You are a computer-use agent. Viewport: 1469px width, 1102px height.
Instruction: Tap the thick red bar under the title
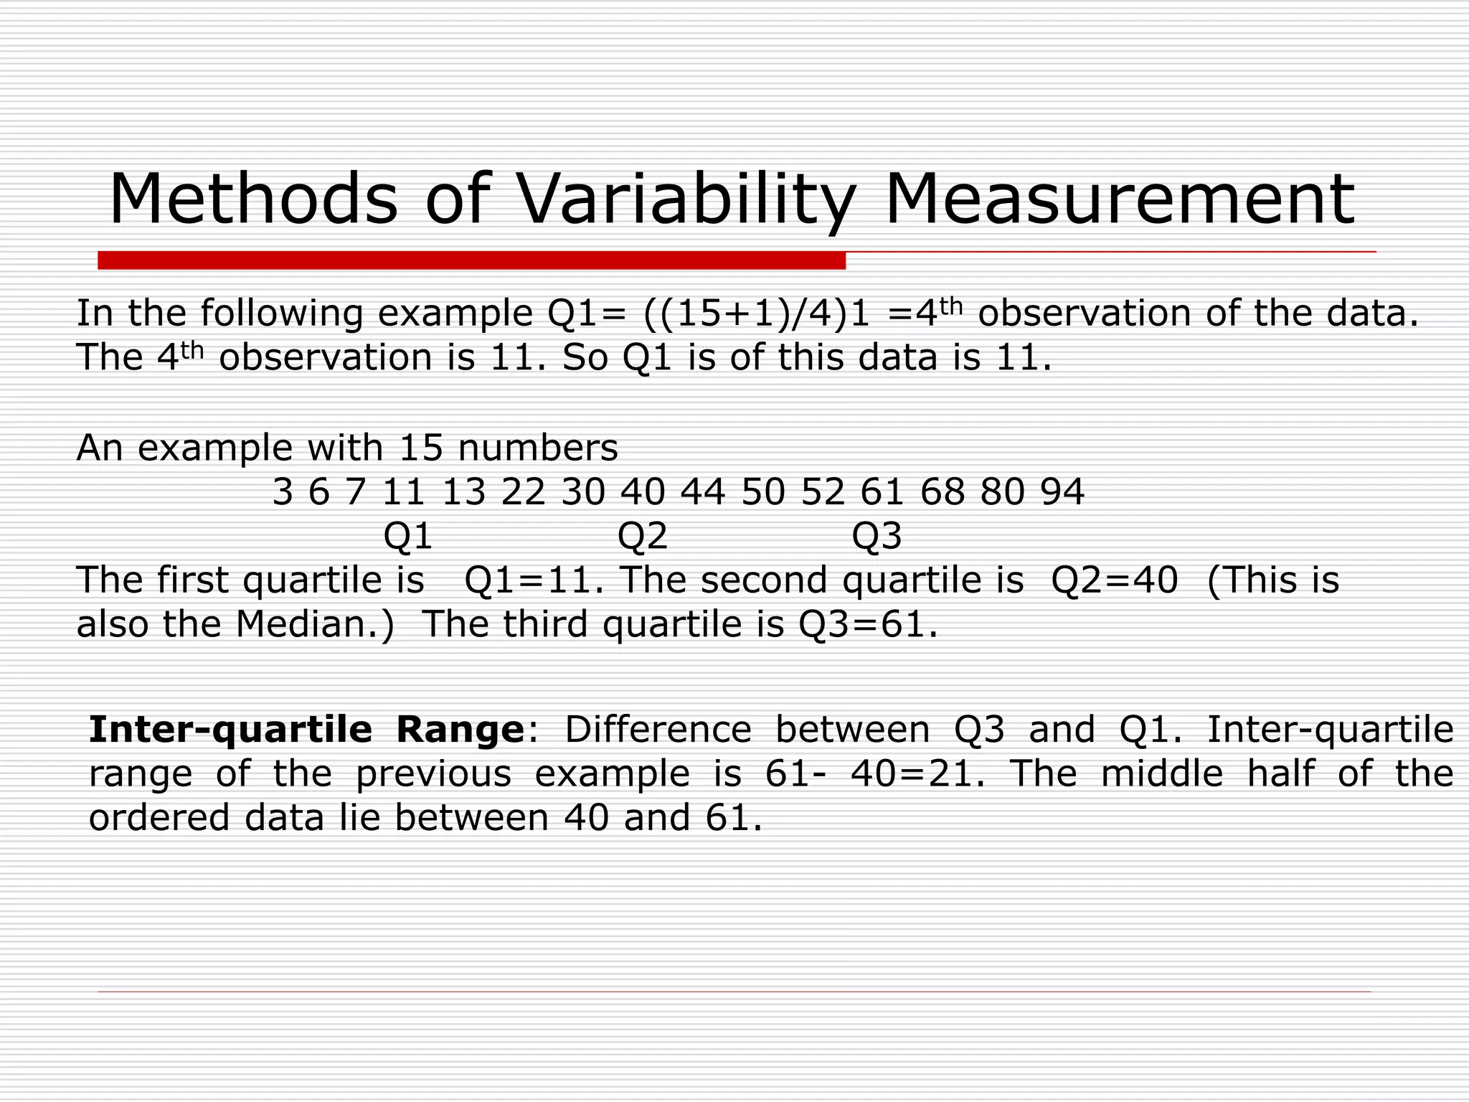coord(471,260)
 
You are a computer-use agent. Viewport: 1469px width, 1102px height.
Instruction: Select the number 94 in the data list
coord(1062,492)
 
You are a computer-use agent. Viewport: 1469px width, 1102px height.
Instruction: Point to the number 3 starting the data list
coord(283,492)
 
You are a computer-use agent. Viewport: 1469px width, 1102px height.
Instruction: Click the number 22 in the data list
coord(523,492)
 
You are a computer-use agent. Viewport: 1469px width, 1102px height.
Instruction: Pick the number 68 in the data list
coord(943,492)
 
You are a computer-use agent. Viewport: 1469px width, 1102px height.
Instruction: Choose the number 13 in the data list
coord(463,492)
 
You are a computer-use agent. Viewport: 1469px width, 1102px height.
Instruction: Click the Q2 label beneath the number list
coord(643,536)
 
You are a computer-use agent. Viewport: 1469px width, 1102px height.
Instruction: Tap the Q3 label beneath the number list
coord(877,536)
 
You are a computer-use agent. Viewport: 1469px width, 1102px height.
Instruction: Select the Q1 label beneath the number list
coord(408,536)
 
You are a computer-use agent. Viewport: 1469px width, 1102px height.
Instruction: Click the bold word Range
coord(460,730)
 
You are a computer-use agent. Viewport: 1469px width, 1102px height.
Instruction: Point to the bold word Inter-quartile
coord(230,730)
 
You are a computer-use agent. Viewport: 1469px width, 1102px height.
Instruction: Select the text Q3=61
coord(867,624)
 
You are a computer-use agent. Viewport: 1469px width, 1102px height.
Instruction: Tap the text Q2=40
coord(1114,580)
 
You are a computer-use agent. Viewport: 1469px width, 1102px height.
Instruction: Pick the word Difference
coord(658,730)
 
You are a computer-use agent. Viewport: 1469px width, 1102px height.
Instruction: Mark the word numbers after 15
coord(537,448)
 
